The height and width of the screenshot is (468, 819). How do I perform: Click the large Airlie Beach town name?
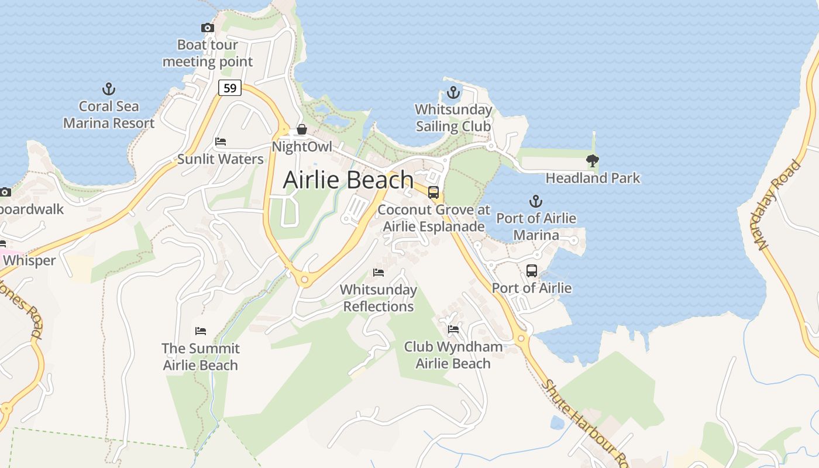pyautogui.click(x=348, y=180)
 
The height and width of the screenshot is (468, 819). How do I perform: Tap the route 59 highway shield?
pyautogui.click(x=230, y=88)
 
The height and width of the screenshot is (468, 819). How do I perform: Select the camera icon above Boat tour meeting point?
pyautogui.click(x=207, y=27)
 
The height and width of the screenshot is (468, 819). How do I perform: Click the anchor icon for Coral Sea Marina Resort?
pyautogui.click(x=109, y=89)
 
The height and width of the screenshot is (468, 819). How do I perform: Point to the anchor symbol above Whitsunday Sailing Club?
pyautogui.click(x=453, y=92)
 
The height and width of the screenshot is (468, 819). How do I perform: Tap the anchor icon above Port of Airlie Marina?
pyautogui.click(x=535, y=202)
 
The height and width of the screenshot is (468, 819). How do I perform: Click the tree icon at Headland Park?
pyautogui.click(x=593, y=160)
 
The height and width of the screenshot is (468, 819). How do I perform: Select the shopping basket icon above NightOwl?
pyautogui.click(x=302, y=129)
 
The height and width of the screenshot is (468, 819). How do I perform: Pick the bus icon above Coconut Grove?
pyautogui.click(x=433, y=192)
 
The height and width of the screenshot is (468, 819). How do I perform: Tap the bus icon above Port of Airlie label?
pyautogui.click(x=531, y=271)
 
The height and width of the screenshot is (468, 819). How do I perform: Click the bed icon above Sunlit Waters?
pyautogui.click(x=221, y=142)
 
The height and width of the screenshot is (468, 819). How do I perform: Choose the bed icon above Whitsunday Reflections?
pyautogui.click(x=378, y=273)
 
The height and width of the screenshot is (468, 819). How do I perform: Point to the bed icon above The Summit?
pyautogui.click(x=201, y=331)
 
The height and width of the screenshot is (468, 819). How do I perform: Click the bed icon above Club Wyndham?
pyautogui.click(x=453, y=329)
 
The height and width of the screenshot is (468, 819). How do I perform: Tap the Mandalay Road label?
pyautogui.click(x=779, y=205)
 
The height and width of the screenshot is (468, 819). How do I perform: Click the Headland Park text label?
pyautogui.click(x=593, y=178)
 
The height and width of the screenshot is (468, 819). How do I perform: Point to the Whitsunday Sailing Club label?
pyautogui.click(x=453, y=118)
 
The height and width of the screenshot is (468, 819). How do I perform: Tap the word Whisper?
pyautogui.click(x=29, y=260)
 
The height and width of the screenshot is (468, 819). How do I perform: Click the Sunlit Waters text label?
pyautogui.click(x=221, y=159)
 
